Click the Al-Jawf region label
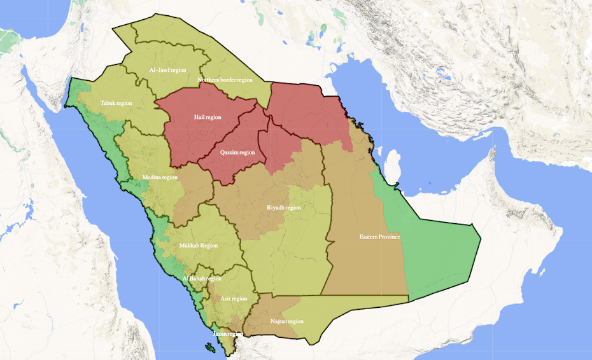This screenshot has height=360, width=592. coord(167,70)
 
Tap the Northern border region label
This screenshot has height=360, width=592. coord(225,80)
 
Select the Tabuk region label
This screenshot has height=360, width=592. coord(116,103)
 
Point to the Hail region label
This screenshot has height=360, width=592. coord(208,118)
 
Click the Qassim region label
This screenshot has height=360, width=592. coord(237,153)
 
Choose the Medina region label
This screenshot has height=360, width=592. coord(160,177)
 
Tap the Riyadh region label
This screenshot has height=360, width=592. coord(284,207)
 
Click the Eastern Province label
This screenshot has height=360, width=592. coord(379,237)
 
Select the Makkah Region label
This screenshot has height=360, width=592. coord(199,246)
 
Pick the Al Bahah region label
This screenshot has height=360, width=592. coord(202,279)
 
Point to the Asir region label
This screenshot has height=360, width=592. coord(234,298)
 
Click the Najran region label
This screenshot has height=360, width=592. coord(286,321)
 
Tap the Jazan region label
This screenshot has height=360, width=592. coord(227,333)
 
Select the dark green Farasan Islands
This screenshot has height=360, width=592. coord(209,347)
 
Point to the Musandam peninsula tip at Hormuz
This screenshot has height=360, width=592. coord(491,151)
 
